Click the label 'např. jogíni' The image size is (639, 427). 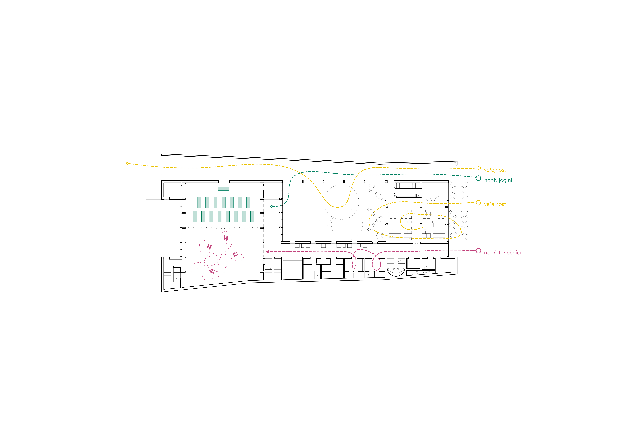[498, 180]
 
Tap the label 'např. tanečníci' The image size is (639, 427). [502, 253]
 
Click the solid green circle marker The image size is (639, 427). [478, 178]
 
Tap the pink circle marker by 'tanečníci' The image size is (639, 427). [478, 251]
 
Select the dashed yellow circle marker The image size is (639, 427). [478, 203]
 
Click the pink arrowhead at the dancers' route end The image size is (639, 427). [268, 252]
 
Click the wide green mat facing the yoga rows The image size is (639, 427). [223, 189]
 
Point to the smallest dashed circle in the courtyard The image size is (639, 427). [324, 220]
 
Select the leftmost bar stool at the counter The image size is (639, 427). [424, 199]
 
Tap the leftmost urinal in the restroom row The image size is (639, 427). [306, 277]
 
